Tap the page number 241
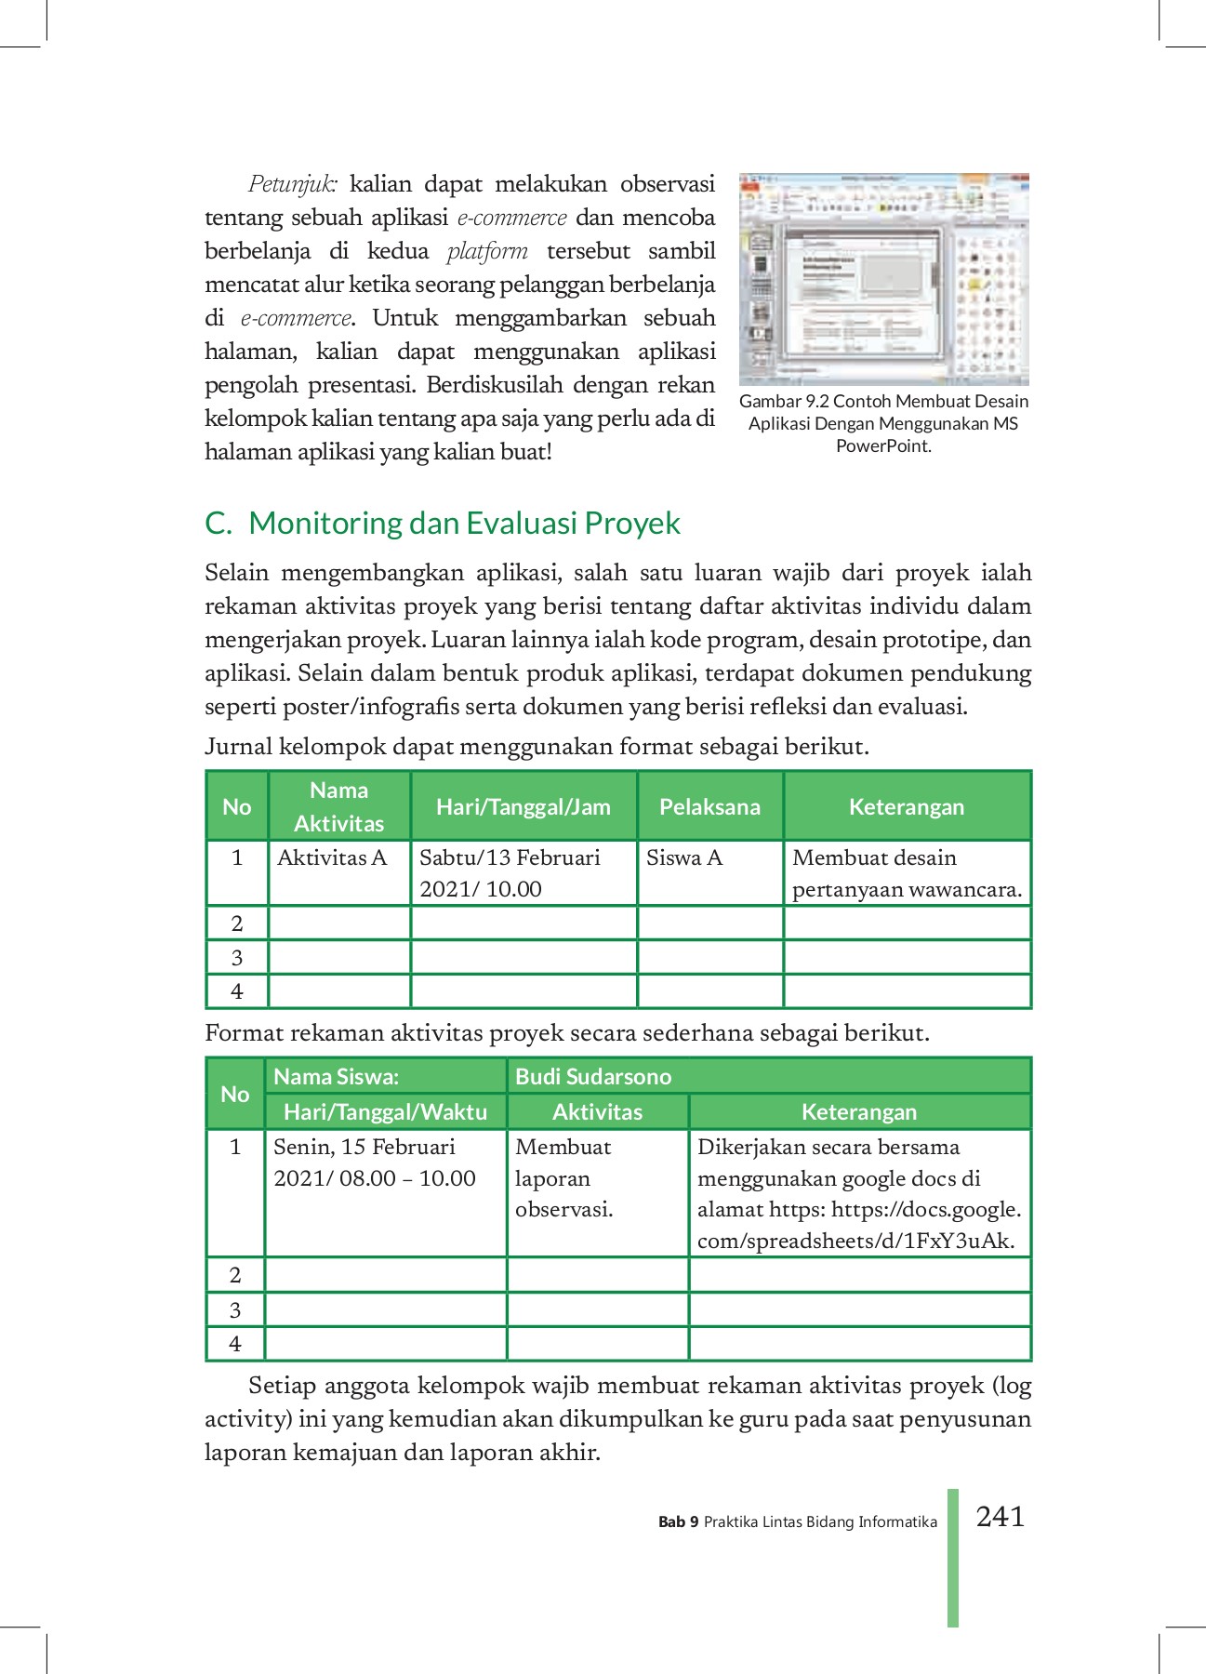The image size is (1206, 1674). click(x=1000, y=1517)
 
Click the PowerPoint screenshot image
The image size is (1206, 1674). click(x=883, y=278)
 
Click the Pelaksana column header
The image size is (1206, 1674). click(x=709, y=806)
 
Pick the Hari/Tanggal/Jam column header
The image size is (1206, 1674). click(x=523, y=806)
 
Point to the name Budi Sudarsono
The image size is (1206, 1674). click(x=593, y=1076)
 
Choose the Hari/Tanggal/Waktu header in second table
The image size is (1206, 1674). click(x=385, y=1111)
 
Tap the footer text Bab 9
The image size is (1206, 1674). click(x=678, y=1522)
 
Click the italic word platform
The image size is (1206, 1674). click(x=487, y=251)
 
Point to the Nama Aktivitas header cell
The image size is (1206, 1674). click(x=338, y=806)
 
